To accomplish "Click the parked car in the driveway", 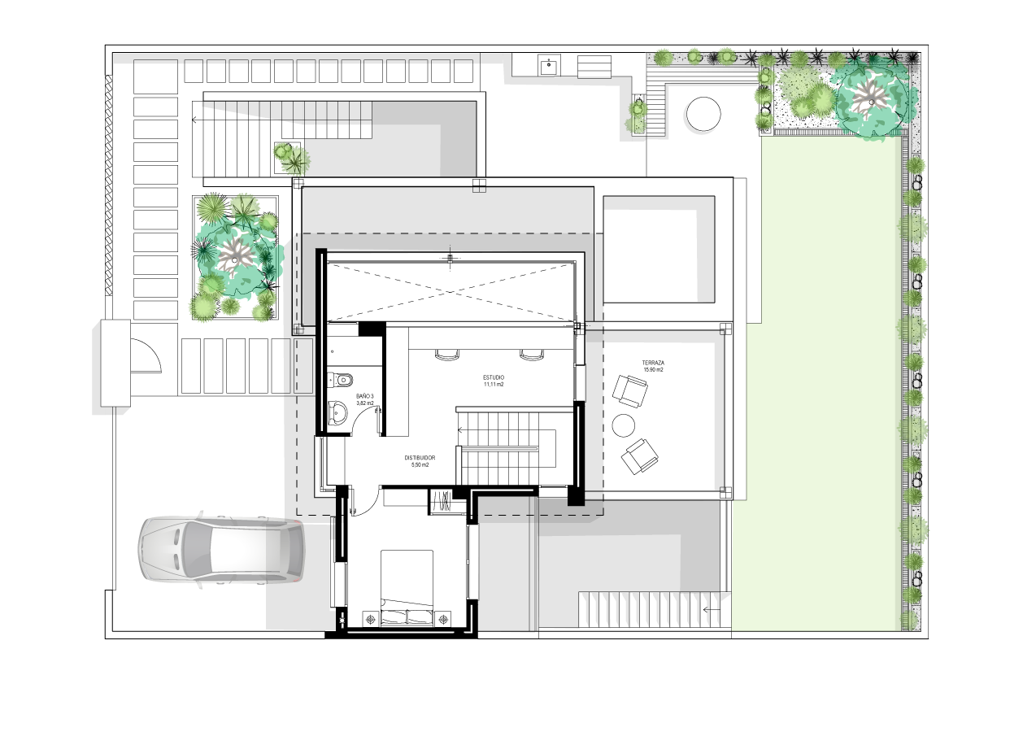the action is tap(221, 550).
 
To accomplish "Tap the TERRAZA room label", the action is tap(653, 364).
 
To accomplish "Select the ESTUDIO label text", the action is tap(494, 377).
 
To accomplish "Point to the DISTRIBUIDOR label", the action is tap(420, 458).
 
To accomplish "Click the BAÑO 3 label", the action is tap(364, 397).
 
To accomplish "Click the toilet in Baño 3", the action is tap(341, 380).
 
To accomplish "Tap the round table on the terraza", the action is tap(624, 425).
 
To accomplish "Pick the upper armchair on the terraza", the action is tap(630, 391).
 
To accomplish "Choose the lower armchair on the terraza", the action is tap(640, 456).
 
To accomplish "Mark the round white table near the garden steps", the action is tap(703, 114).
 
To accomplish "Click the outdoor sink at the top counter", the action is tap(550, 65).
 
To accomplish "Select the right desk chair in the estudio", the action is tap(531, 355).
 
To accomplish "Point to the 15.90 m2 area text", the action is tap(653, 370).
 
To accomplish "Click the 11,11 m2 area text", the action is tap(494, 385).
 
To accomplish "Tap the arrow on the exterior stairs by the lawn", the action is tap(712, 609).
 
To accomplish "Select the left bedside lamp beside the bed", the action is tap(371, 619).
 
